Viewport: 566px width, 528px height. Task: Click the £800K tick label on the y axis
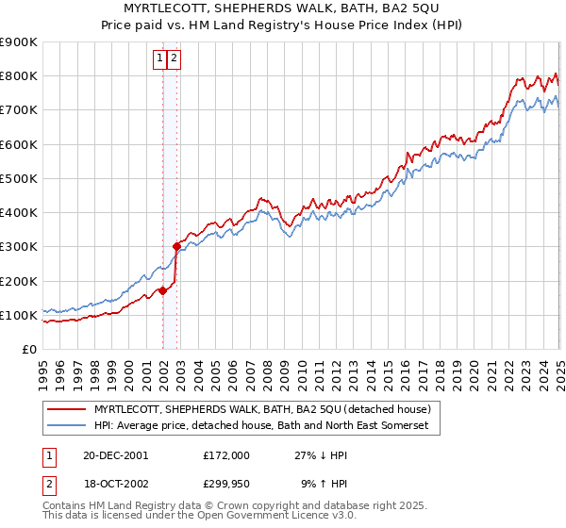[19, 76]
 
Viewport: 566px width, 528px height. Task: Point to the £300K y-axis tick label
[19, 247]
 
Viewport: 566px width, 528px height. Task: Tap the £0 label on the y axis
[29, 350]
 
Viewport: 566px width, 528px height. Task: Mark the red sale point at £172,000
[163, 290]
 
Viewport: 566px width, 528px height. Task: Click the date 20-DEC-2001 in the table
[115, 455]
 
